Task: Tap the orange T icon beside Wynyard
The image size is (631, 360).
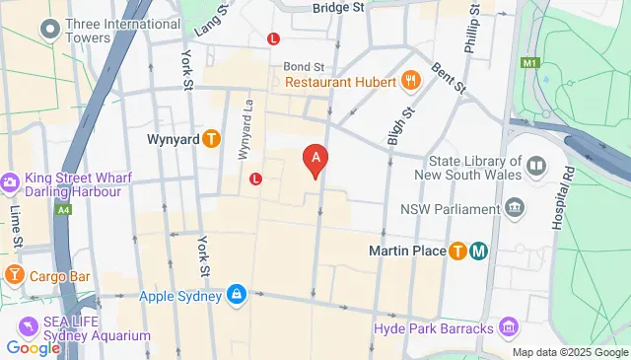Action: (x=211, y=139)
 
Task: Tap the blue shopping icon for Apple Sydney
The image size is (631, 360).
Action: (x=237, y=294)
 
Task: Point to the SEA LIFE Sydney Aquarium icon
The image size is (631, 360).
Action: (x=26, y=326)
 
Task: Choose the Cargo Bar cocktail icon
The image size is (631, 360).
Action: (x=14, y=273)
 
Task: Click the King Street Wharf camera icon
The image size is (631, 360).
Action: (x=10, y=182)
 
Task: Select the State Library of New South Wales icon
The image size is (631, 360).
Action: (x=536, y=165)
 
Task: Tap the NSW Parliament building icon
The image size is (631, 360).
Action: (x=514, y=208)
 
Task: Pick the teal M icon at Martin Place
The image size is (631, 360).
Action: (x=478, y=251)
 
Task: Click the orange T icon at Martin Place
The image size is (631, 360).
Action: (x=458, y=251)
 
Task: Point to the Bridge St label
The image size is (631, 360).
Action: (x=338, y=7)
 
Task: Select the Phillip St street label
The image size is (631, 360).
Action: (x=472, y=36)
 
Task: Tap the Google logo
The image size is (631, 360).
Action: (x=33, y=347)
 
